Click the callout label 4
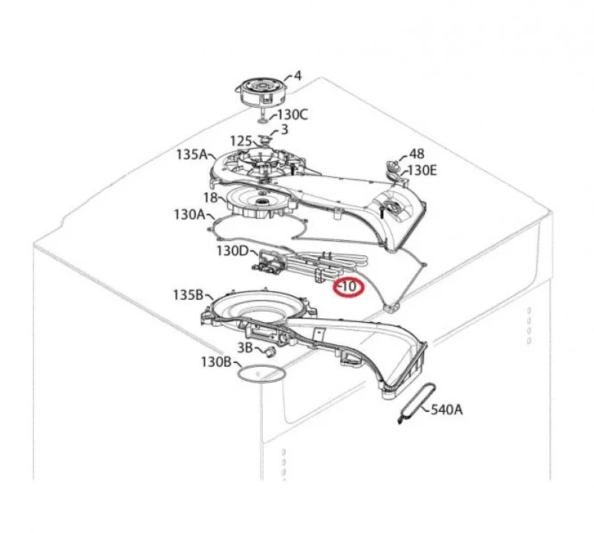tap(298, 76)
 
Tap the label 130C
tap(293, 114)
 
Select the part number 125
tap(241, 141)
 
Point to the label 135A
tap(192, 154)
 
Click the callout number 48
tap(417, 154)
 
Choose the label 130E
tap(422, 171)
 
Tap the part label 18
tap(211, 197)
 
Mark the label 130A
tap(189, 215)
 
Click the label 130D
tap(232, 251)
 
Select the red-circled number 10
tap(348, 287)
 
